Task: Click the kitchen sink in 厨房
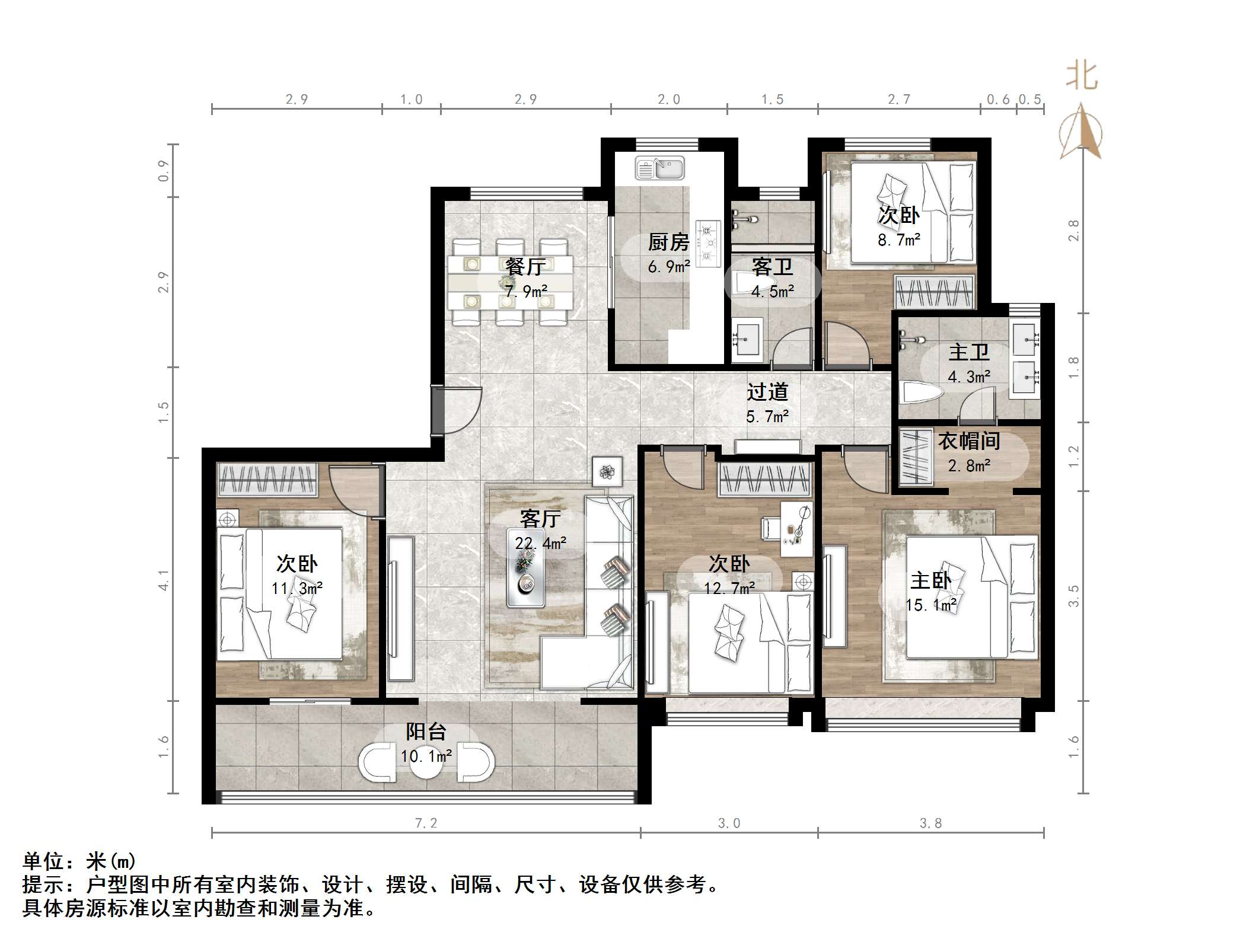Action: (x=659, y=168)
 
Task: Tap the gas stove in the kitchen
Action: (x=708, y=244)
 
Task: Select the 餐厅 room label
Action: (x=524, y=267)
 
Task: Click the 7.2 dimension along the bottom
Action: (x=426, y=823)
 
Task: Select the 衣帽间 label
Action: (x=969, y=441)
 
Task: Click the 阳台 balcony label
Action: (x=426, y=732)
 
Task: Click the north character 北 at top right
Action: (x=1082, y=77)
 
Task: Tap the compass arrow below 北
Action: (x=1082, y=133)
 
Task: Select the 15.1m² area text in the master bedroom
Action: (x=930, y=605)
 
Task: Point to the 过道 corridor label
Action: (x=767, y=392)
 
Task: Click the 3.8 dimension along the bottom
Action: (x=930, y=823)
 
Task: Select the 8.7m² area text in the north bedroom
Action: (x=898, y=240)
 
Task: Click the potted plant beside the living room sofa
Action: (x=607, y=472)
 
